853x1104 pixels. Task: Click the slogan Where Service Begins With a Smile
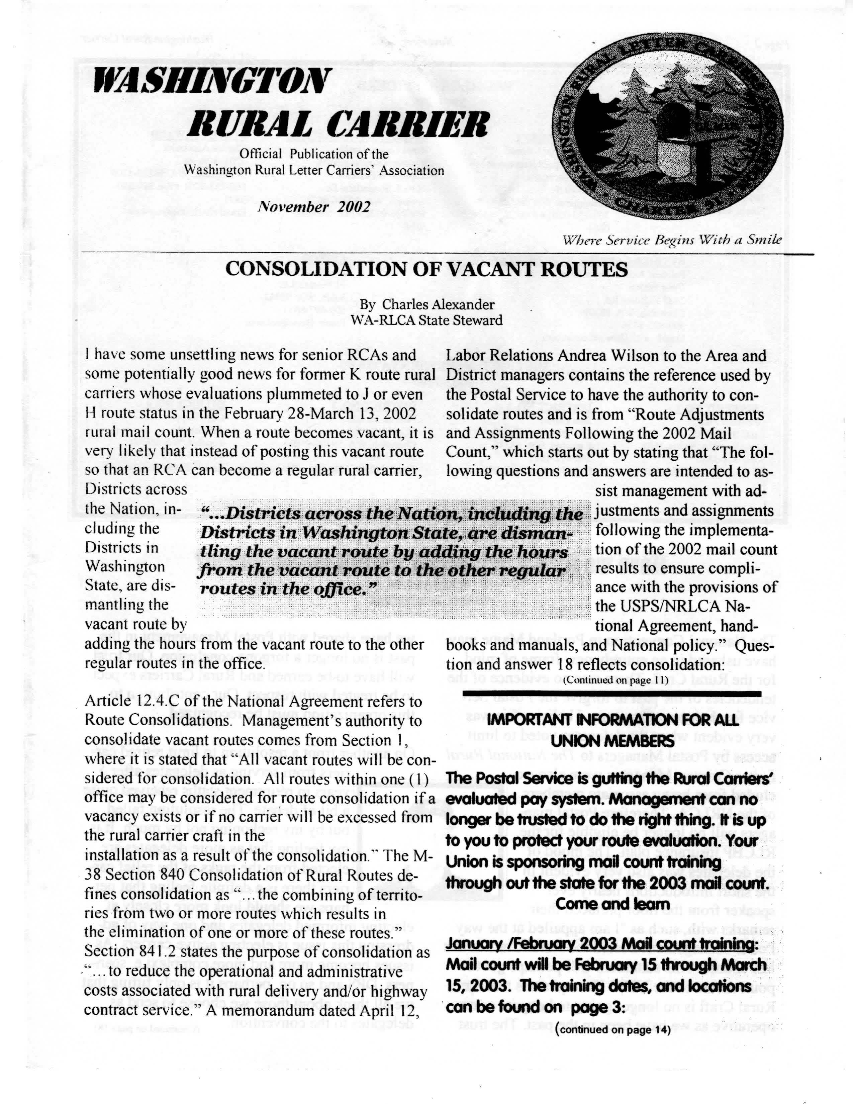tap(672, 239)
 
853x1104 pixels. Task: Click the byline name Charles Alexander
tap(438, 304)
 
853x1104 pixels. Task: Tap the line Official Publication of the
tap(314, 154)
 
